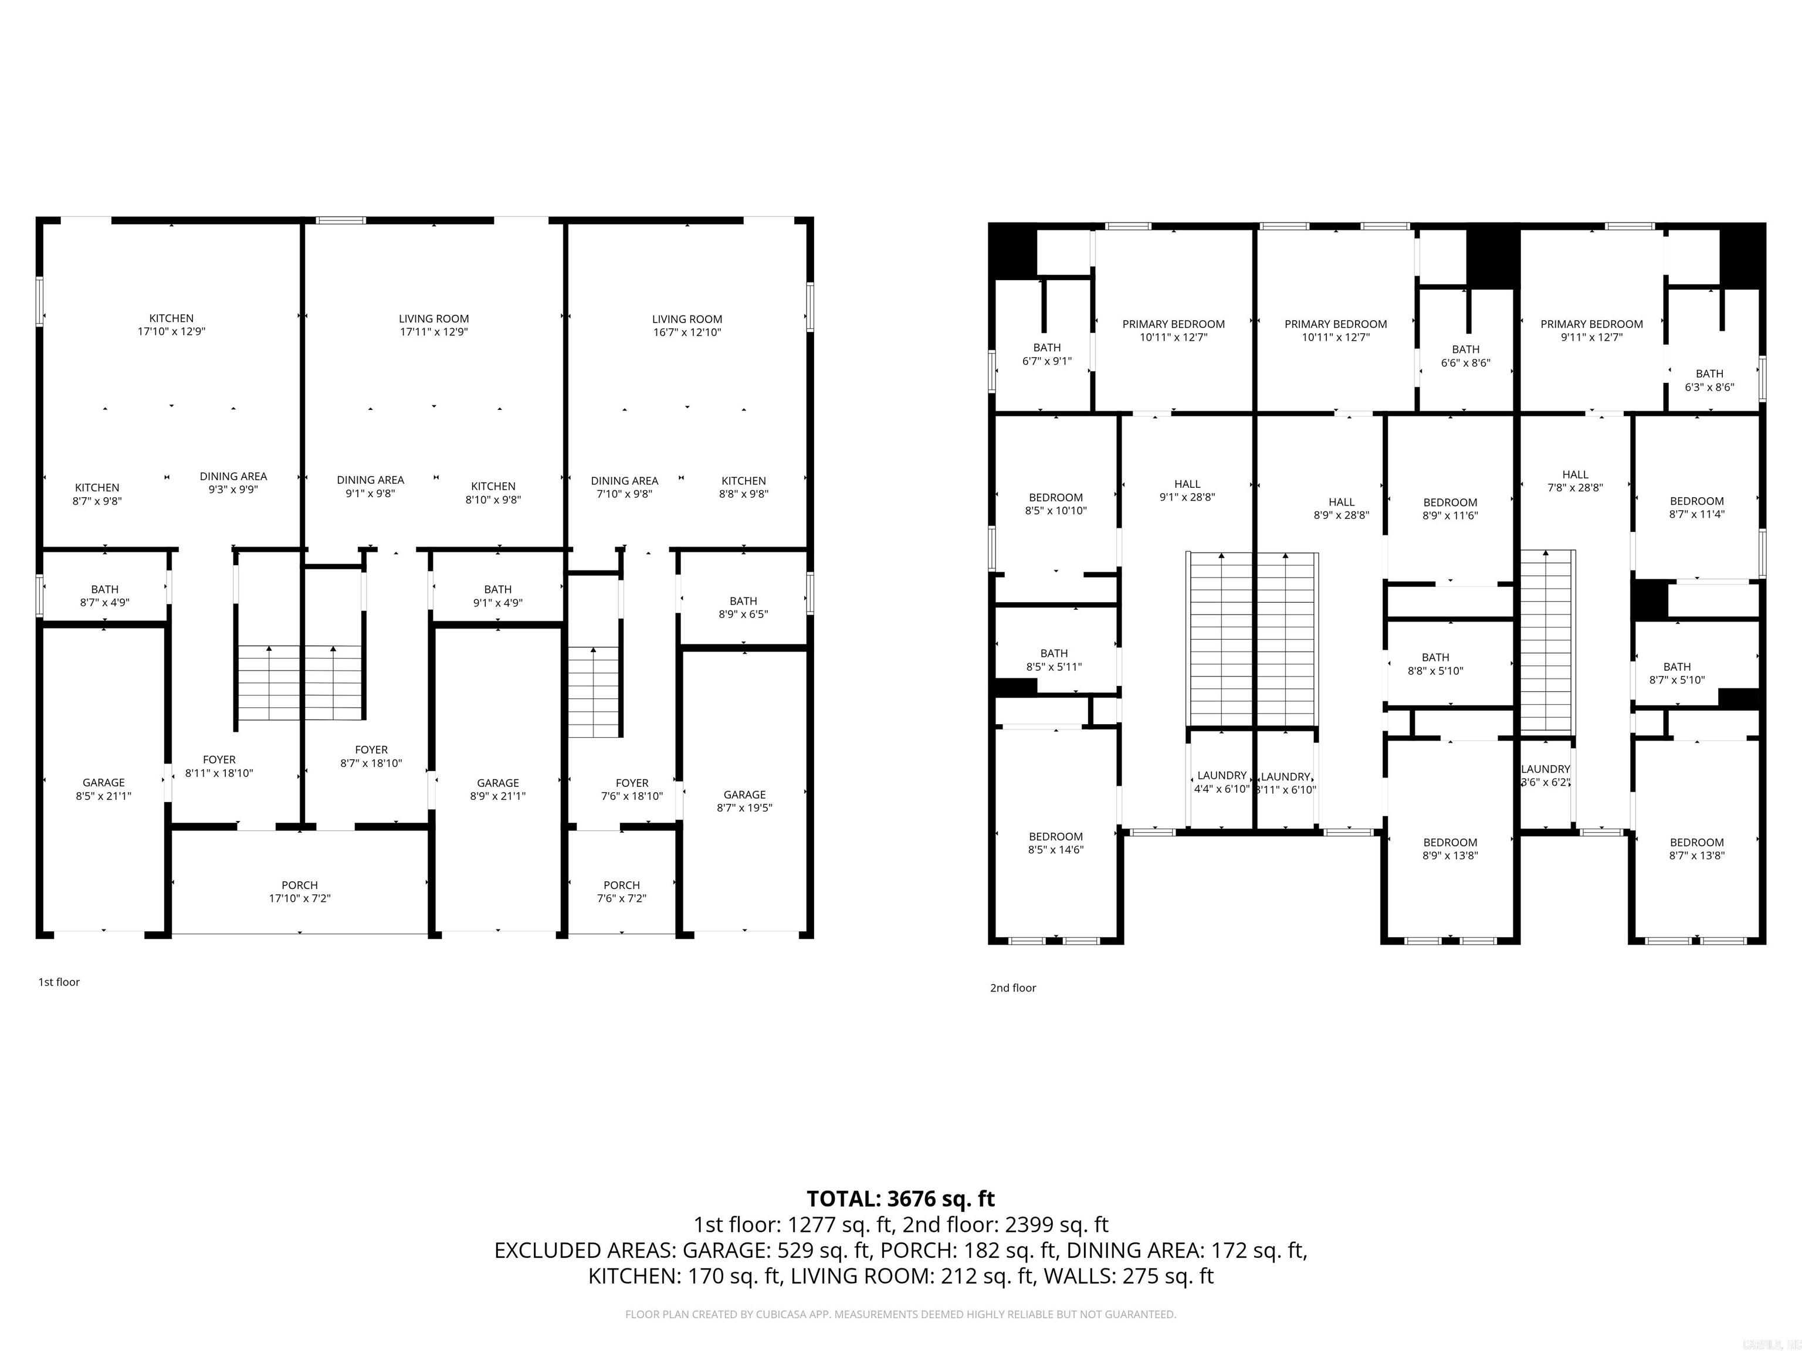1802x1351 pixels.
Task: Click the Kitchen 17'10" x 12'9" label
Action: click(171, 325)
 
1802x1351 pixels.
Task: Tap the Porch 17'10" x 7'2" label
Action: click(300, 892)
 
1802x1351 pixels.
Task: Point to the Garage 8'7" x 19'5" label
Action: click(744, 802)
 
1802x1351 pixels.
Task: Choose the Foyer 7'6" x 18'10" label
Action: click(632, 789)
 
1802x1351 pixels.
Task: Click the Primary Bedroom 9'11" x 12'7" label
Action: click(1591, 331)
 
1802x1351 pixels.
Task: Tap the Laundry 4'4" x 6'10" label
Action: click(1221, 782)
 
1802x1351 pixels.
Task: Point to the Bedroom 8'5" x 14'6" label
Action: click(1056, 843)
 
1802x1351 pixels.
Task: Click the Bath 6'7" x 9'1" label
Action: click(1047, 354)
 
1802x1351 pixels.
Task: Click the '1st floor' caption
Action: click(59, 982)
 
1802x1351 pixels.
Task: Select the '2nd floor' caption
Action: click(1012, 988)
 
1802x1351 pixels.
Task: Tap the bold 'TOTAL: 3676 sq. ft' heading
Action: click(900, 1199)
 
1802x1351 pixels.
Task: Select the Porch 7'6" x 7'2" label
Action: click(622, 892)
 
